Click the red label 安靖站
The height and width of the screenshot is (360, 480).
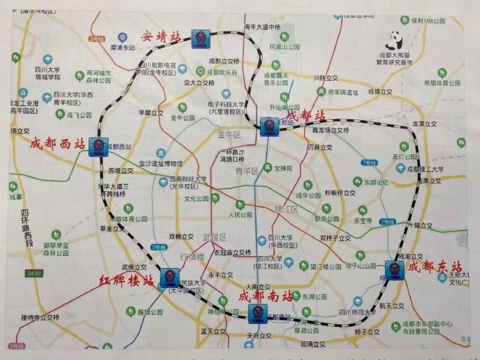click(x=162, y=34)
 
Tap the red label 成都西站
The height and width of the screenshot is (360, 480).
click(x=57, y=144)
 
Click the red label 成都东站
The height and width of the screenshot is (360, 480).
click(x=436, y=266)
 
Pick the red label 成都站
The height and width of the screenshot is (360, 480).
click(x=307, y=116)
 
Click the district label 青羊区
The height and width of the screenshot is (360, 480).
click(x=246, y=171)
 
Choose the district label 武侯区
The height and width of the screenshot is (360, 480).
click(x=215, y=237)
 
